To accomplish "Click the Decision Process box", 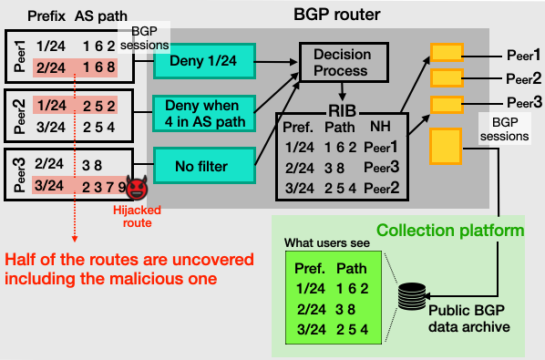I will click(x=343, y=61).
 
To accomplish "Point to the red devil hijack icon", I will click(x=138, y=189).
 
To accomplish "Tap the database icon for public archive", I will click(x=413, y=297).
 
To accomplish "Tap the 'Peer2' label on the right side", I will click(x=524, y=77).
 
